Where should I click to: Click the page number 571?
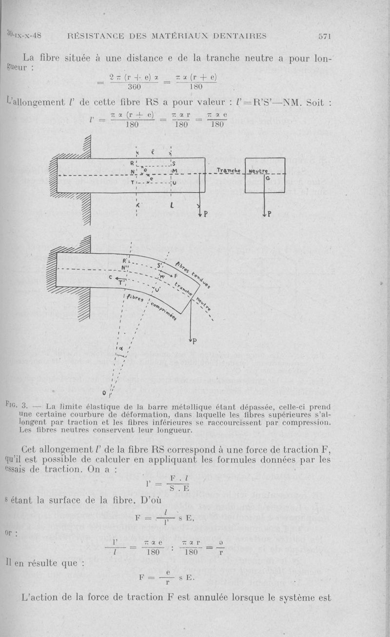click(324, 35)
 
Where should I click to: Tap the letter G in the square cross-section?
click(268, 179)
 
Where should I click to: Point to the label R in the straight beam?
click(132, 163)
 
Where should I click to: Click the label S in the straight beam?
click(174, 163)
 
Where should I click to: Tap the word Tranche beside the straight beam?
click(227, 170)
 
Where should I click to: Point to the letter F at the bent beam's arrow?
click(176, 276)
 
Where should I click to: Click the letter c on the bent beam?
click(111, 277)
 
